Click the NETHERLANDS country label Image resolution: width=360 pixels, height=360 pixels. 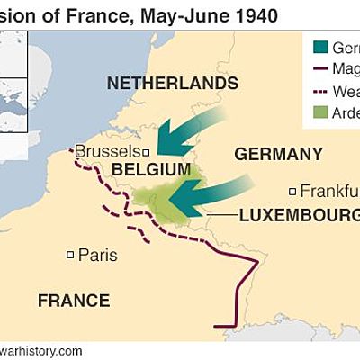click(173, 84)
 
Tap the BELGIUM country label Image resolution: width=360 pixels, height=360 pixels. click(150, 170)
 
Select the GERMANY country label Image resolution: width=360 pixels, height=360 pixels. click(278, 154)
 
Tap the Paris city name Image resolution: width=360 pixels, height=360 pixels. click(97, 256)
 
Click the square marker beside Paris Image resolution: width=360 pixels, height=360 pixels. click(71, 256)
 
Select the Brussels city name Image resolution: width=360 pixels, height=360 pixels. click(107, 151)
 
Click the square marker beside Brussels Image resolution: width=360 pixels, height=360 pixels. click(146, 152)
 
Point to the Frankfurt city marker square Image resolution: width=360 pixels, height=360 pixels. click(292, 191)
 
